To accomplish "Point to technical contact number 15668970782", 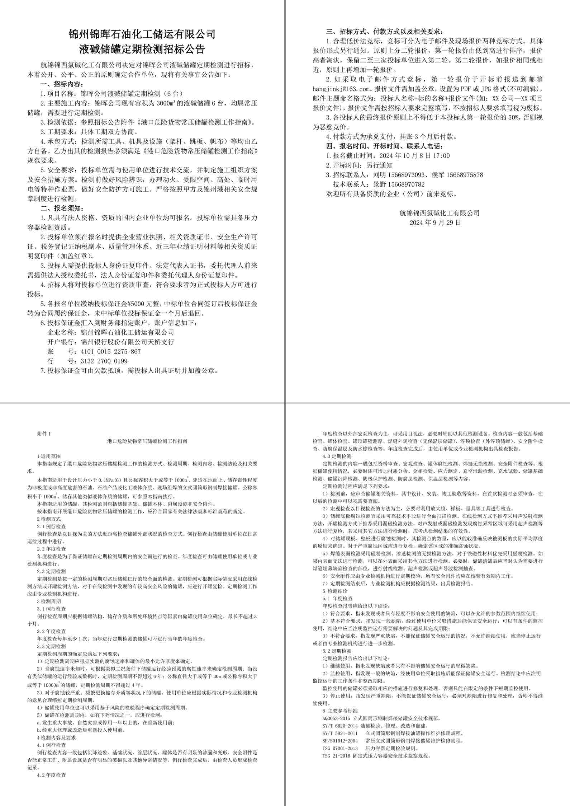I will tap(405, 184).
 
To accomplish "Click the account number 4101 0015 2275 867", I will tap(111, 352).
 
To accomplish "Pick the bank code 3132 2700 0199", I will tap(104, 361).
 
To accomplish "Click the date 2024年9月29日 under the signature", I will tap(435, 222).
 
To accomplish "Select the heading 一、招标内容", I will tap(62, 84).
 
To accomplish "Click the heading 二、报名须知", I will tap(62, 208).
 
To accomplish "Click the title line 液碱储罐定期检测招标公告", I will tap(142, 49).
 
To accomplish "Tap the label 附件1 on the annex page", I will tap(44, 434).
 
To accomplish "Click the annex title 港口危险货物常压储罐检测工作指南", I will tap(147, 441).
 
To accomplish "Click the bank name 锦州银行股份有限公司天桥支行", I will tap(127, 342).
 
